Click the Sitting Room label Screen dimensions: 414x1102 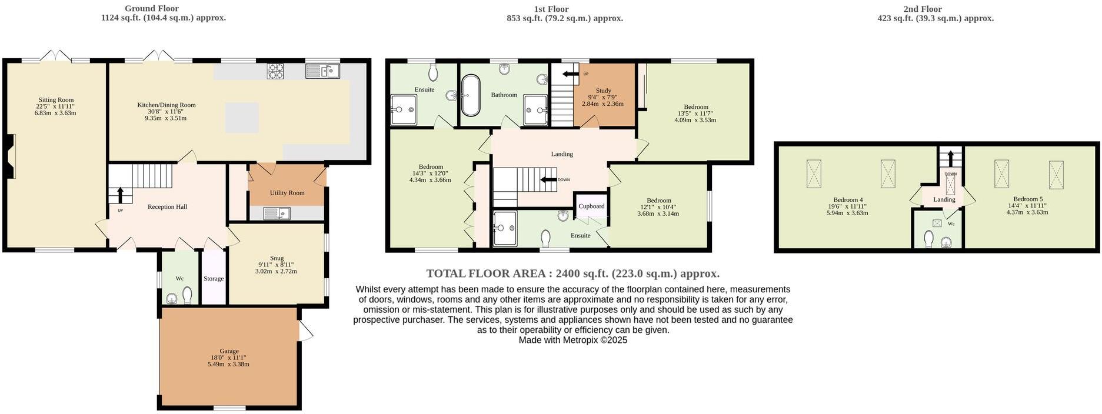coord(56,100)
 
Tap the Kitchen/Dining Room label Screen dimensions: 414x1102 coord(166,105)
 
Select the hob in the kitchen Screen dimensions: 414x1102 coord(275,71)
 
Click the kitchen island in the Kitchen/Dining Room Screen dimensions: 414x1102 coord(242,117)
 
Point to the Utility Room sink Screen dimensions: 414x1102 coord(277,213)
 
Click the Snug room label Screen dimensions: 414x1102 coord(277,258)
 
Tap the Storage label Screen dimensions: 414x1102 coord(214,279)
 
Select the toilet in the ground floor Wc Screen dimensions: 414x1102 coord(188,293)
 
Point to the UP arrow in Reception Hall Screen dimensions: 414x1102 coord(120,195)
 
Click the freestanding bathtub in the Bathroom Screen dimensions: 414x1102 coord(471,95)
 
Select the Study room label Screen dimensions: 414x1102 coord(603,91)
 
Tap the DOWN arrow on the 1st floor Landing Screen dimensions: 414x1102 coord(548,180)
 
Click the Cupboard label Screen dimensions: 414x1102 coord(591,206)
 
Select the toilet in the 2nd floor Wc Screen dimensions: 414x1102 coord(929,239)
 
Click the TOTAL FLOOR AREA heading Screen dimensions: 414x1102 coord(572,273)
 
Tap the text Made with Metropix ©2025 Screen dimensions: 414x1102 coord(572,340)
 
